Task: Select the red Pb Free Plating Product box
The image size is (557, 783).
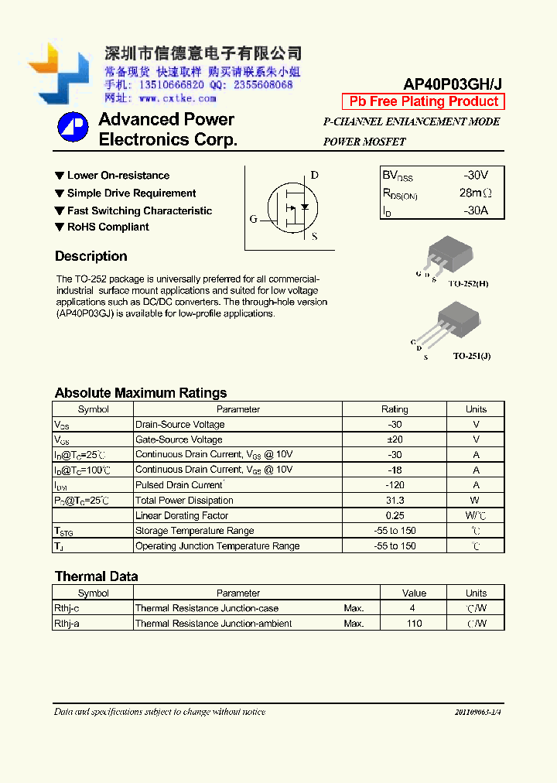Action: pos(423,101)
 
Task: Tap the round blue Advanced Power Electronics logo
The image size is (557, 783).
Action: pos(73,128)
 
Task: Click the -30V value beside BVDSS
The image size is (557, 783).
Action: pos(476,175)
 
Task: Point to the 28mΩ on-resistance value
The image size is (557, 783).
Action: pos(475,193)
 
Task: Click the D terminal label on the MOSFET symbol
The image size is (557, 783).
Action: pos(314,175)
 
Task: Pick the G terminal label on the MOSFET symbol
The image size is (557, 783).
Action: pos(253,219)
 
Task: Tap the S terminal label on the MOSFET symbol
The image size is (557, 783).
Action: pos(314,237)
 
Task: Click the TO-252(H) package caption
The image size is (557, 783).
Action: pos(470,284)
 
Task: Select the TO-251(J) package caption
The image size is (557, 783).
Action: pos(471,356)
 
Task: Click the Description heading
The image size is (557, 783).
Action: pos(91,256)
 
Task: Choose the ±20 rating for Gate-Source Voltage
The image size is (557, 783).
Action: pos(395,439)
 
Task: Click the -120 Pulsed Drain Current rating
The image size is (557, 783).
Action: pos(395,485)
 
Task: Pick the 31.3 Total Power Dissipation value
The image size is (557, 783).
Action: pos(395,501)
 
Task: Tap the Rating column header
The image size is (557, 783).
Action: pos(395,409)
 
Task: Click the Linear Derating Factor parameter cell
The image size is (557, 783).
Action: pos(182,515)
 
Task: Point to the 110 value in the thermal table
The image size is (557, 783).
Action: pos(414,624)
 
